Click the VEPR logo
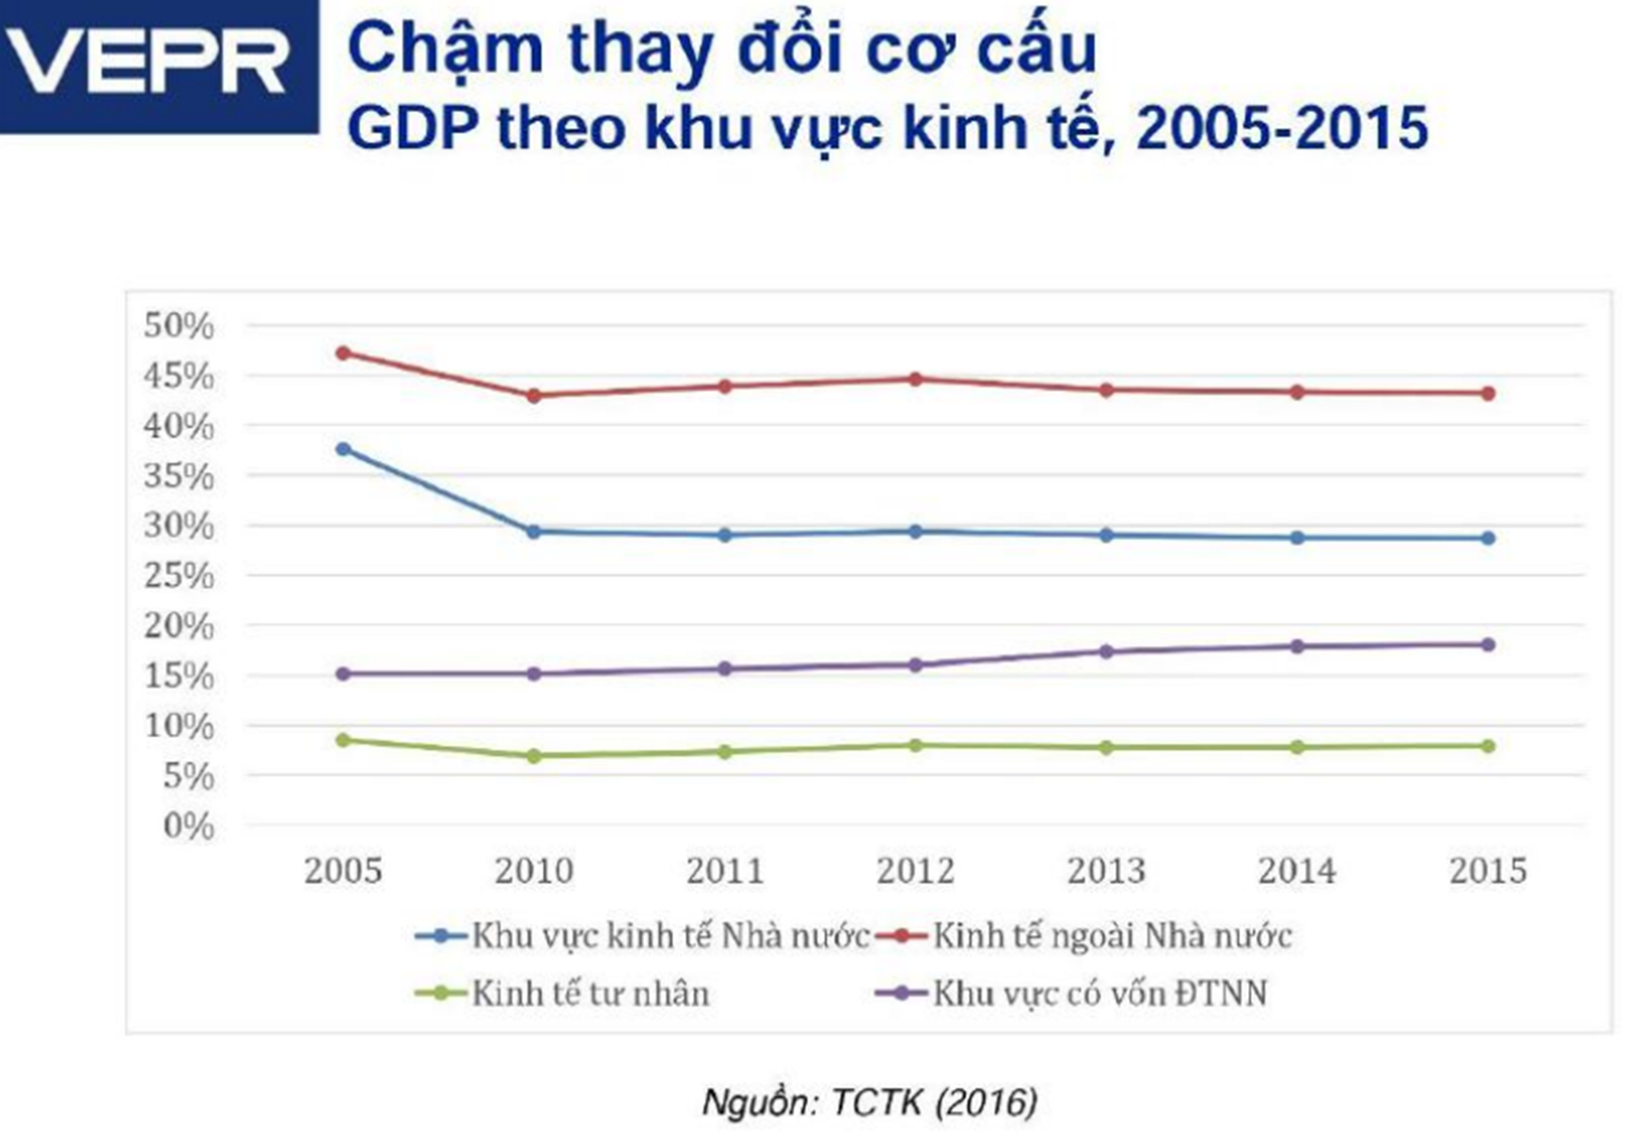coord(158,65)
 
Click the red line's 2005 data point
coord(343,353)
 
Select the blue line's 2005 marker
coord(343,449)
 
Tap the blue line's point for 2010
coord(534,532)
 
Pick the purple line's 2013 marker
coord(1106,651)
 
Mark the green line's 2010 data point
coord(534,756)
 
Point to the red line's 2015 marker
coord(1488,394)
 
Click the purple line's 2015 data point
coord(1488,645)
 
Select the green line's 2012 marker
coord(916,745)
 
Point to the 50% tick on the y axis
coord(179,326)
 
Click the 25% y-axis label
coord(179,576)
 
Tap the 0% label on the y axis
coord(188,826)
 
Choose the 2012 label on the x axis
coord(916,871)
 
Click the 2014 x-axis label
coord(1297,871)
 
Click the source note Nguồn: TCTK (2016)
coord(869,1103)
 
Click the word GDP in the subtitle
coord(411,128)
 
